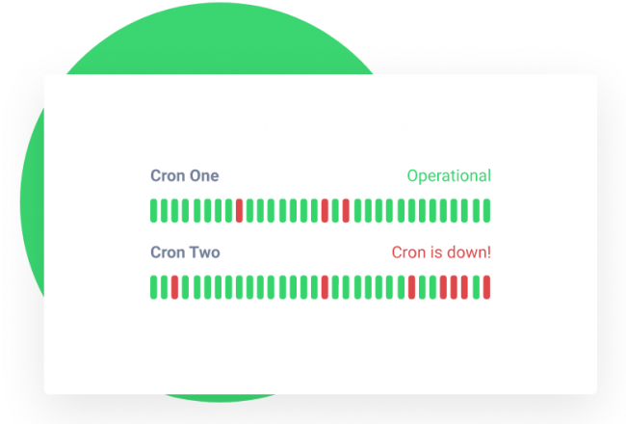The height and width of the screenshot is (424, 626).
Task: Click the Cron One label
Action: (x=184, y=175)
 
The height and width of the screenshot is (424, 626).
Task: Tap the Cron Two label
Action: (x=185, y=252)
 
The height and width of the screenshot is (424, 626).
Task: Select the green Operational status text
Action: (x=448, y=175)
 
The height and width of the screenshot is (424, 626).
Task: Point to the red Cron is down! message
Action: (x=440, y=252)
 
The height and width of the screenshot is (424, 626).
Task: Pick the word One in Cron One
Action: (x=203, y=175)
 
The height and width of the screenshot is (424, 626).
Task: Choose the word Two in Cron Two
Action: (x=204, y=252)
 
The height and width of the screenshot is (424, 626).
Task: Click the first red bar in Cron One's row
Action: (x=239, y=210)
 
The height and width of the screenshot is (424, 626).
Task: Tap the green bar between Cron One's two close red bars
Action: (x=335, y=210)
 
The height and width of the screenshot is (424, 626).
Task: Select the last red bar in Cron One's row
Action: (x=346, y=210)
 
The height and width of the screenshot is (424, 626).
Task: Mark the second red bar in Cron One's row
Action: (x=325, y=210)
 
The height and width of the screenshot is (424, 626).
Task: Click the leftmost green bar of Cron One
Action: (x=154, y=210)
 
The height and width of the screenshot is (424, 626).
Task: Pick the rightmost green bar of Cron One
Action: (x=486, y=210)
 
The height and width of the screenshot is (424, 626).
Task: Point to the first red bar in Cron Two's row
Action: (x=175, y=287)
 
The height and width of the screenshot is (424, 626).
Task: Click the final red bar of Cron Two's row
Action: (x=486, y=287)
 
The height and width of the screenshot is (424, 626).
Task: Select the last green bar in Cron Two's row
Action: (x=476, y=287)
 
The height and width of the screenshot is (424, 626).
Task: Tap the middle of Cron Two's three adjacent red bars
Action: (x=454, y=287)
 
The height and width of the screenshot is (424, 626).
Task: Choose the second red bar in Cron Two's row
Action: (x=325, y=287)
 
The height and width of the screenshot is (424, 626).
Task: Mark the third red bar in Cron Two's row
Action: (x=411, y=287)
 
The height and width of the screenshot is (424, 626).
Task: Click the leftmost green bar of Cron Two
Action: (x=154, y=287)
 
